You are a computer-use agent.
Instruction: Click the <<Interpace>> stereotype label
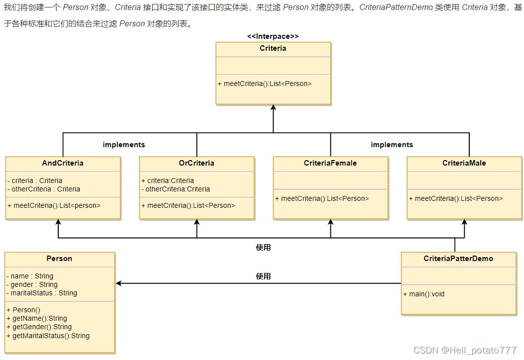(273, 36)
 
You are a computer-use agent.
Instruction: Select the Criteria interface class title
(273, 48)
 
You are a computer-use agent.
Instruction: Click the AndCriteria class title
(63, 163)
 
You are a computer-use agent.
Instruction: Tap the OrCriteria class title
(197, 163)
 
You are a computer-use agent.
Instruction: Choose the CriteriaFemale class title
(330, 163)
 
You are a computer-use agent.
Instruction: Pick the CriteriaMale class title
(464, 163)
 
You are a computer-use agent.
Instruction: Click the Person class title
(59, 259)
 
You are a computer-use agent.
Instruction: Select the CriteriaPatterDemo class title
(458, 259)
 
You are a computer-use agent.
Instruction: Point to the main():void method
(424, 294)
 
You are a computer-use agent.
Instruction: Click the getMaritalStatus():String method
(48, 336)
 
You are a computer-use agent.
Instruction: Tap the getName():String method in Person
(37, 318)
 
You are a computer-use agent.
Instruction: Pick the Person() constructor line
(23, 310)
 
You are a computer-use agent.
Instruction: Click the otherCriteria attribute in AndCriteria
(44, 189)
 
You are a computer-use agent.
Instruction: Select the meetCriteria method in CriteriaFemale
(322, 198)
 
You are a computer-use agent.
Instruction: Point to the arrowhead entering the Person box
(119, 283)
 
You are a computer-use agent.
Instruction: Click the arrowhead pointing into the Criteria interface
(273, 108)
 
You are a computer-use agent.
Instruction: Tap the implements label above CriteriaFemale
(392, 145)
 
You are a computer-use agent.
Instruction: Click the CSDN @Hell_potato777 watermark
(465, 351)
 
